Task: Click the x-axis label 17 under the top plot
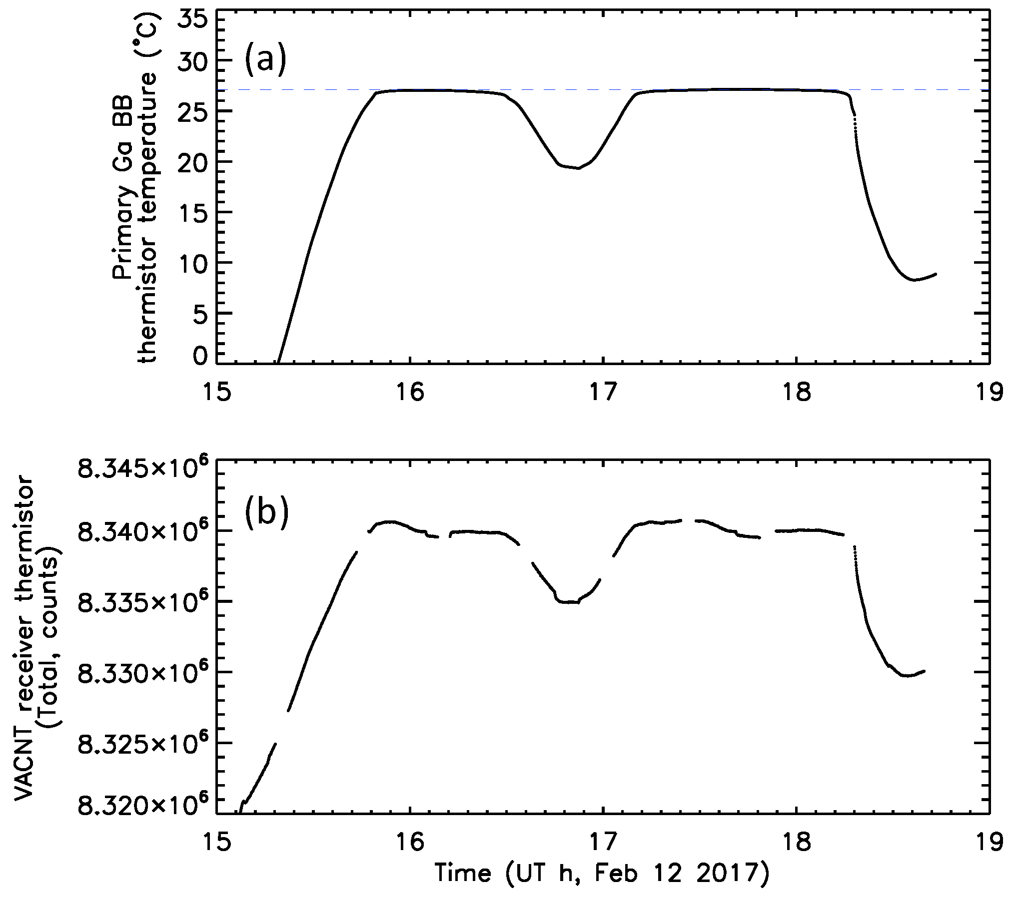603,393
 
